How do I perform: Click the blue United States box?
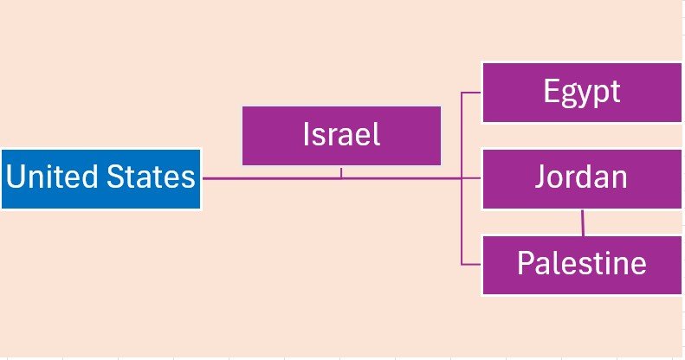point(100,179)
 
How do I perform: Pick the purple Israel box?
point(341,136)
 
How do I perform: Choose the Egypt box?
point(582,92)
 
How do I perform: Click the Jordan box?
point(582,179)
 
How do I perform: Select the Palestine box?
point(582,264)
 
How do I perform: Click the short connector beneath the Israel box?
point(341,172)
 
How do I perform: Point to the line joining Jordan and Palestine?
point(583,222)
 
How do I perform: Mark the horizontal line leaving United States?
point(260,179)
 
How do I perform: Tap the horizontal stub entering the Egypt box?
point(472,92)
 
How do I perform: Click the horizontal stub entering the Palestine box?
point(472,264)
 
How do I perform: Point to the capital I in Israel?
point(307,134)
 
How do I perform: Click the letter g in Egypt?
point(571,94)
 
